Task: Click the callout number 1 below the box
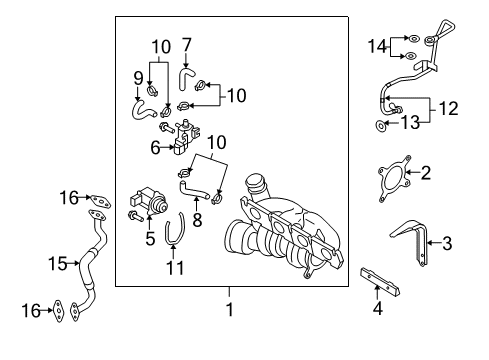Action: [x=230, y=310]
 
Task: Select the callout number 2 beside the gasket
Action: [x=425, y=173]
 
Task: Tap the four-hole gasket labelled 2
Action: [x=394, y=179]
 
